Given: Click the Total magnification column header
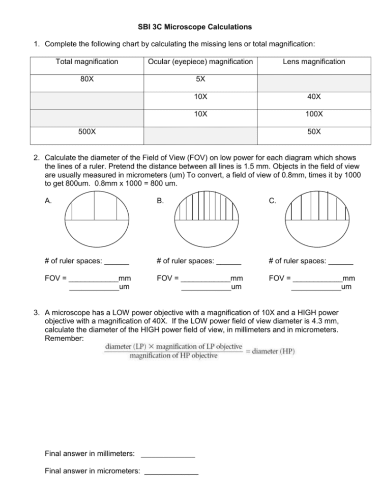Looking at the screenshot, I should [86, 62].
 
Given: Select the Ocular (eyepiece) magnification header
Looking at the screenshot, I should [200, 62].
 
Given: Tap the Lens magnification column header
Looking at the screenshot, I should [314, 62].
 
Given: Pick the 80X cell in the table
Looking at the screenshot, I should [86, 79].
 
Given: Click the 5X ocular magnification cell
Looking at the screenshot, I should [200, 79].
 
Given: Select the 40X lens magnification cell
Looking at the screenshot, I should [314, 97].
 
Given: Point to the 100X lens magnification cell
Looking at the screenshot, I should [314, 114].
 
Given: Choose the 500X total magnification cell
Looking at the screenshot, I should [86, 131].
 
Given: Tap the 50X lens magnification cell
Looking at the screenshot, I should [314, 131].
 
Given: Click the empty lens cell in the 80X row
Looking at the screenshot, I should [314, 79].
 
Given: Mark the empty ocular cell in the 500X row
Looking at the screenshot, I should [200, 131].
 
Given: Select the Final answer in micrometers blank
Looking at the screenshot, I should [171, 472].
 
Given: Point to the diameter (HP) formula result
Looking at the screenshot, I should [274, 351].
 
